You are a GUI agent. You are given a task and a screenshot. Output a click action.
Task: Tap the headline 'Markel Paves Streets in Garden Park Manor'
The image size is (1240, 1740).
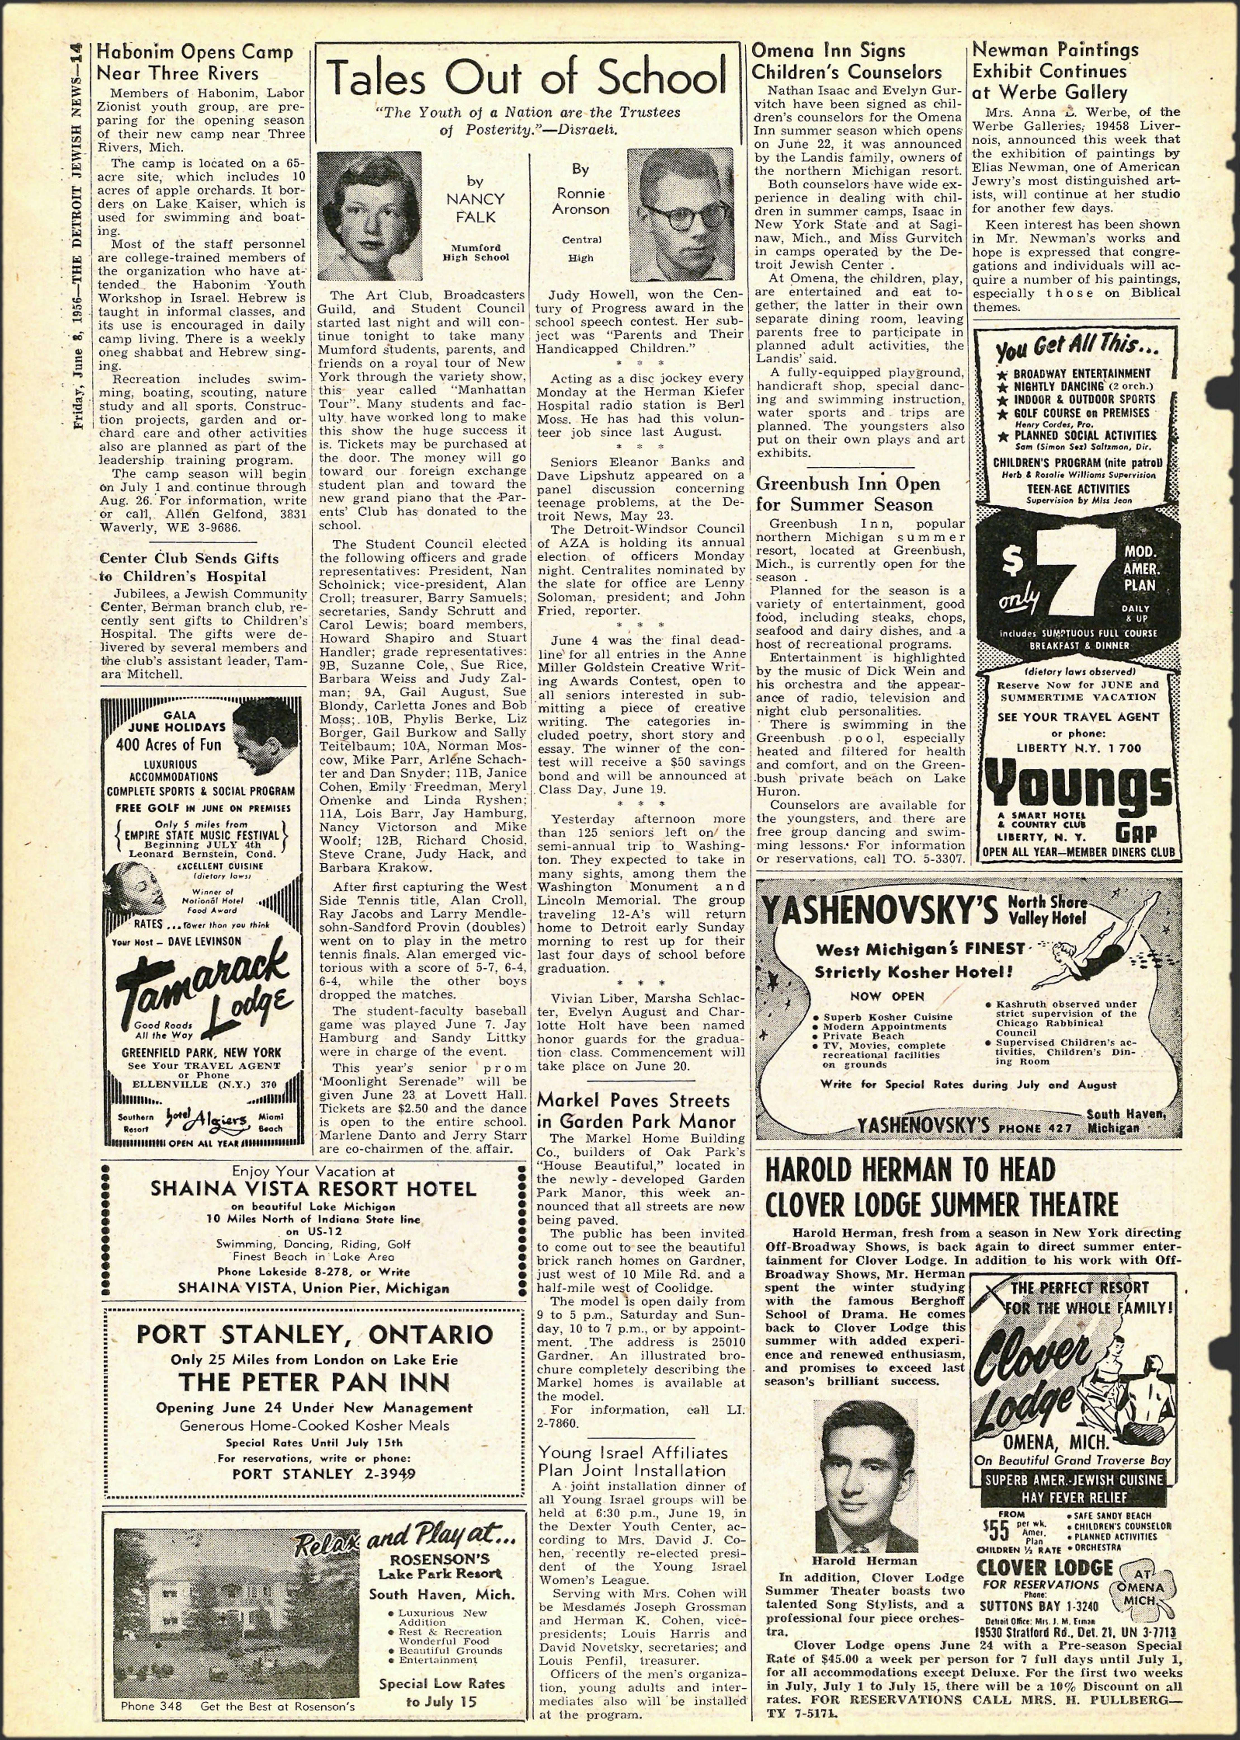(x=633, y=1110)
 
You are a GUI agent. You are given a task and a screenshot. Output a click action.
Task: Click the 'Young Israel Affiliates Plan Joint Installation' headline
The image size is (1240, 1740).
(x=632, y=1461)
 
